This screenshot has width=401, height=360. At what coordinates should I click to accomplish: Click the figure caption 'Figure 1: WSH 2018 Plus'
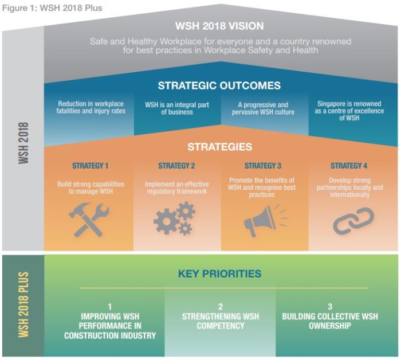click(52, 8)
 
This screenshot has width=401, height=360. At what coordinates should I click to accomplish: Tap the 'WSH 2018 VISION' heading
click(219, 26)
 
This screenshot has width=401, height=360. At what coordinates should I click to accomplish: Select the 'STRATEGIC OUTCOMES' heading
click(219, 85)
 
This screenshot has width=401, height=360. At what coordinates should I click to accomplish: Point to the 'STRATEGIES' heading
click(219, 147)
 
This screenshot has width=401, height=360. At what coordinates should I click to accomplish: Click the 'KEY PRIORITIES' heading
click(219, 273)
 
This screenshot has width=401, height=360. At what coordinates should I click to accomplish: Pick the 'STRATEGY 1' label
click(91, 166)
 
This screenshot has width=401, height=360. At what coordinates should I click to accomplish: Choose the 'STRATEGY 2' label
click(176, 166)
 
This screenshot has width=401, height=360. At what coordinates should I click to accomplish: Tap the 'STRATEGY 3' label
click(262, 166)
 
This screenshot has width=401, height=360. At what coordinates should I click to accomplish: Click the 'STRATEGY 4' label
click(349, 166)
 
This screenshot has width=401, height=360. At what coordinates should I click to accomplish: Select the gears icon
click(175, 218)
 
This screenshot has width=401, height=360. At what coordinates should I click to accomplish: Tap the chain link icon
click(353, 221)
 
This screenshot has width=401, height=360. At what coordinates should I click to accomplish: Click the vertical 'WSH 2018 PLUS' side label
click(23, 304)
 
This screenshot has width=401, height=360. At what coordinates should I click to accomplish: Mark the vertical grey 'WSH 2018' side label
click(23, 143)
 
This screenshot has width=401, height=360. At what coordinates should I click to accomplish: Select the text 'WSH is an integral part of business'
click(177, 108)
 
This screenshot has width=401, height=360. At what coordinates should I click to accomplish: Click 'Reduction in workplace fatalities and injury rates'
click(91, 107)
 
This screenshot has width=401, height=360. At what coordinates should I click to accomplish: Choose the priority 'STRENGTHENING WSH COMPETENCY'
click(221, 321)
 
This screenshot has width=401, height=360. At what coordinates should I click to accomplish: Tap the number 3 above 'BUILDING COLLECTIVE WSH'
click(330, 307)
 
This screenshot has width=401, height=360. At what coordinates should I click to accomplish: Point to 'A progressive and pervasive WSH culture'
click(263, 108)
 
